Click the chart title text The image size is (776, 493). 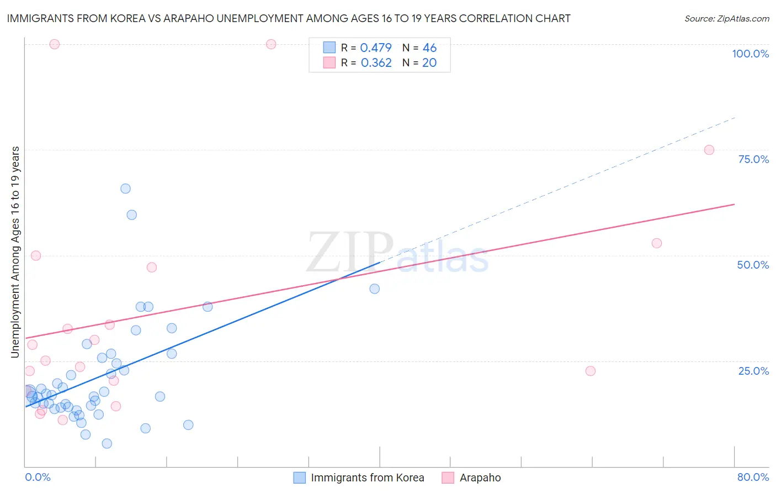coord(289,18)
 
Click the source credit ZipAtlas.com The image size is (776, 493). coord(726,18)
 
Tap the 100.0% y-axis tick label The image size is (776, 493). coord(750,54)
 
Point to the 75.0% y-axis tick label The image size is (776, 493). coord(753,159)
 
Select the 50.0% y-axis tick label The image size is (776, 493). coord(753,265)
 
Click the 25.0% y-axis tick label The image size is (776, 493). coord(753,371)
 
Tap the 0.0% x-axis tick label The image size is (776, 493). coord(38,477)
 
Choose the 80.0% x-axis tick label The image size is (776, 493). coord(753,477)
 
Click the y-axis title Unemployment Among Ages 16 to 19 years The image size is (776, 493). coord(15,252)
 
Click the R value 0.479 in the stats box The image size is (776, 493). coord(376,48)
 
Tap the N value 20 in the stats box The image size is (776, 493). coord(429,63)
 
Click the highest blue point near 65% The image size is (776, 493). coord(125,188)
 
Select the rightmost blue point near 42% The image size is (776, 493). coord(374,289)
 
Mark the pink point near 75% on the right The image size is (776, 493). coord(709,150)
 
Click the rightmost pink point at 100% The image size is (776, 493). coord(271,44)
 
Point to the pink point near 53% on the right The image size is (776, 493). coord(656,243)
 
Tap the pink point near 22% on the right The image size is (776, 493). coord(591,371)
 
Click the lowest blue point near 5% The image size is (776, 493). coord(107,443)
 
